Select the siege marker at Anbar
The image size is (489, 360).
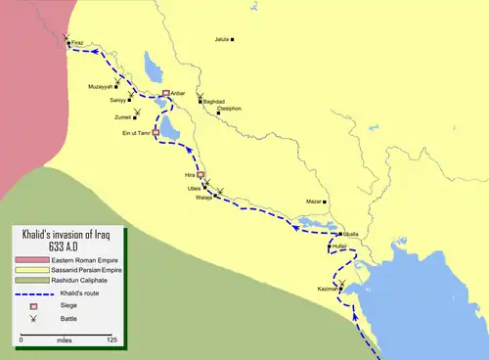pyautogui.click(x=166, y=93)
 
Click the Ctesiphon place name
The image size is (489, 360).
pyautogui.click(x=230, y=109)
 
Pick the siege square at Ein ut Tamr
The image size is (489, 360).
pyautogui.click(x=156, y=132)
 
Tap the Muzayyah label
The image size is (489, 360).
pyautogui.click(x=102, y=86)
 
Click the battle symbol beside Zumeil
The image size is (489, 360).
pyautogui.click(x=150, y=111)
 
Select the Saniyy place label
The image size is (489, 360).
pyautogui.click(x=117, y=100)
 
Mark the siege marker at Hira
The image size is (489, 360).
pyautogui.click(x=200, y=175)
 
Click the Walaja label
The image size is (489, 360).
pyautogui.click(x=203, y=198)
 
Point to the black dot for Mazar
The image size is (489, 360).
pyautogui.click(x=328, y=202)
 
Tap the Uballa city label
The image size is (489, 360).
pyautogui.click(x=351, y=235)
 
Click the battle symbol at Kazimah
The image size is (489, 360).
pyautogui.click(x=342, y=283)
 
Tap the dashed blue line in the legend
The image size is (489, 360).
pyautogui.click(x=30, y=292)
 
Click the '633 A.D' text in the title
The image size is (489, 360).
pyautogui.click(x=73, y=245)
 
